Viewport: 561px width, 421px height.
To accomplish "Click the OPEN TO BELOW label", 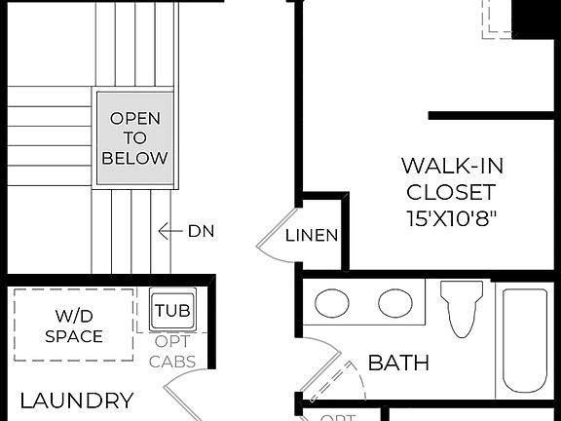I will pyautogui.click(x=134, y=137).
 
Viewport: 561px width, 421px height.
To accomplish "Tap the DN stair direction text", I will pyautogui.click(x=201, y=231).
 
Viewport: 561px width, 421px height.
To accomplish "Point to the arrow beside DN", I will pyautogui.click(x=170, y=231).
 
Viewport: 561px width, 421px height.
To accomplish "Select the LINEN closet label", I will pyautogui.click(x=313, y=235).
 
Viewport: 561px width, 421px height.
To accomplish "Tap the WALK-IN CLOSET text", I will pyautogui.click(x=451, y=178).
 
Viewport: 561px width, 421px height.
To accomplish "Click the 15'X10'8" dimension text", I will pyautogui.click(x=451, y=217).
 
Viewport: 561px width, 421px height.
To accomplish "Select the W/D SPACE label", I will pyautogui.click(x=73, y=325).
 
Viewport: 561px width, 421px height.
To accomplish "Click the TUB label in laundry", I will pyautogui.click(x=173, y=312).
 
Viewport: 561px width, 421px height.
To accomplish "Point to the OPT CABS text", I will pyautogui.click(x=173, y=352).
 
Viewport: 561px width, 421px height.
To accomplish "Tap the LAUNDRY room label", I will pyautogui.click(x=77, y=400).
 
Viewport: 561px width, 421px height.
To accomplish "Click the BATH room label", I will pyautogui.click(x=398, y=364).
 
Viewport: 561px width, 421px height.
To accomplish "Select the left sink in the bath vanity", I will pyautogui.click(x=332, y=304).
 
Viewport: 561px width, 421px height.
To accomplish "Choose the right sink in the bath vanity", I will pyautogui.click(x=395, y=304).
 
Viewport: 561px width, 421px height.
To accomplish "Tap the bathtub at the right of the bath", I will pyautogui.click(x=525, y=340).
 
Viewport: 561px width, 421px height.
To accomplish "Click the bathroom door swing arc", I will pyautogui.click(x=341, y=375).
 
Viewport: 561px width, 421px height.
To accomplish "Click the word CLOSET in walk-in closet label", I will pyautogui.click(x=451, y=192).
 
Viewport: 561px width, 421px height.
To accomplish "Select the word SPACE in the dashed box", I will pyautogui.click(x=73, y=337).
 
